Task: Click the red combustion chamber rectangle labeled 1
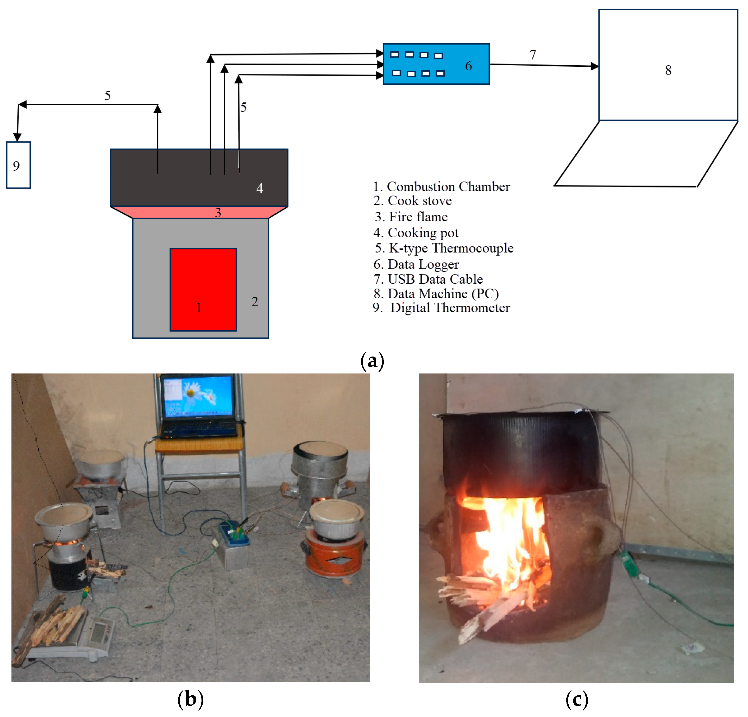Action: tap(203, 289)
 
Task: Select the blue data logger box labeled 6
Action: tap(436, 64)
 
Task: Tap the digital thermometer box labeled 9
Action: tap(18, 165)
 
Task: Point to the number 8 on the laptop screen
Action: tap(668, 70)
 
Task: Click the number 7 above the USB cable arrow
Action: tap(533, 55)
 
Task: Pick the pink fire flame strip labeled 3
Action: tap(198, 212)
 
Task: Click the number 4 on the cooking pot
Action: tap(260, 188)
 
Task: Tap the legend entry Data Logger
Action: tap(423, 264)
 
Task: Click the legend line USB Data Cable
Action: tap(435, 279)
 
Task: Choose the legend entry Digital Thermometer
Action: tap(450, 308)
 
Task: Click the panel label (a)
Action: tap(372, 361)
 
